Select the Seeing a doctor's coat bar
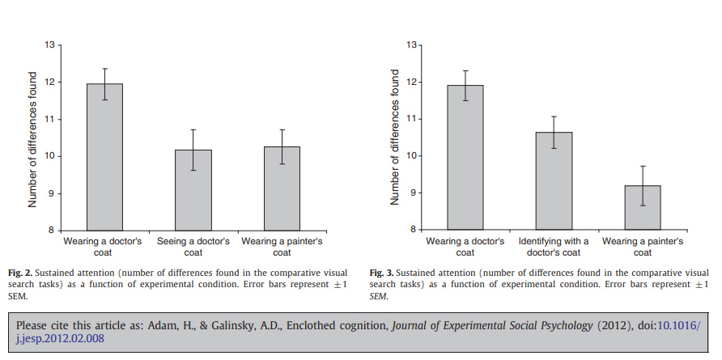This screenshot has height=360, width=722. coord(192,190)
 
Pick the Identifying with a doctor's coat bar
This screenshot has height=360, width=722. coord(554,181)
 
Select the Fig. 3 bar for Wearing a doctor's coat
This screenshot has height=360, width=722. coord(465,158)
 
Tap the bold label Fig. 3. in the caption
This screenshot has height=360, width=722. coord(383,274)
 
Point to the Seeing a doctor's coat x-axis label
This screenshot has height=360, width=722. coord(192,242)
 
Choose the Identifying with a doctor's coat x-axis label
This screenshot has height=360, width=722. coord(554,246)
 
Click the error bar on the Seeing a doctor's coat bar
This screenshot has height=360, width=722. coord(192,150)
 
